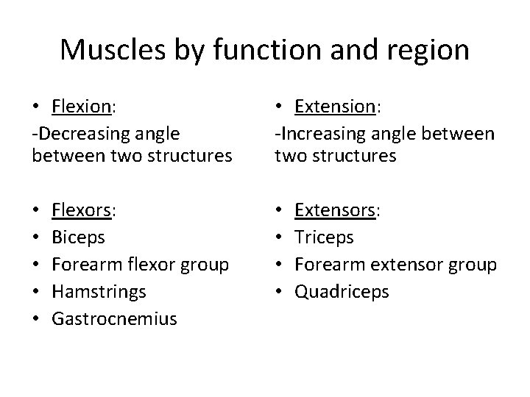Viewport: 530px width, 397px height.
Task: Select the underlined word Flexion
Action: click(x=81, y=107)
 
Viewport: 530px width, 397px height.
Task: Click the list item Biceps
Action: click(x=79, y=238)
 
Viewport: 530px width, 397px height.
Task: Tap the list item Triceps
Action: click(x=324, y=238)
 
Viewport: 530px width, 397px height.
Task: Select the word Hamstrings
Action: click(x=99, y=292)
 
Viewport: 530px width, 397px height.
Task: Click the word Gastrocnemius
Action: click(x=115, y=318)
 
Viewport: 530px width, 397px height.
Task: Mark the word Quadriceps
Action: click(x=341, y=292)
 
